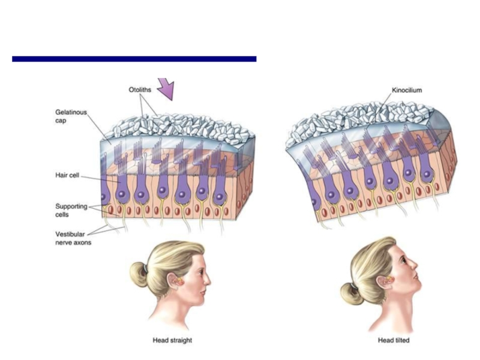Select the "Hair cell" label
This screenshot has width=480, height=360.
coord(66,176)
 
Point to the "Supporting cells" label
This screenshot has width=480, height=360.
coord(70,210)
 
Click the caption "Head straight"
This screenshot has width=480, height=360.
coord(173,340)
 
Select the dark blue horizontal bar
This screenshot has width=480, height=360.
coord(134,59)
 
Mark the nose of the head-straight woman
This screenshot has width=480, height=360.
coord(208,280)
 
